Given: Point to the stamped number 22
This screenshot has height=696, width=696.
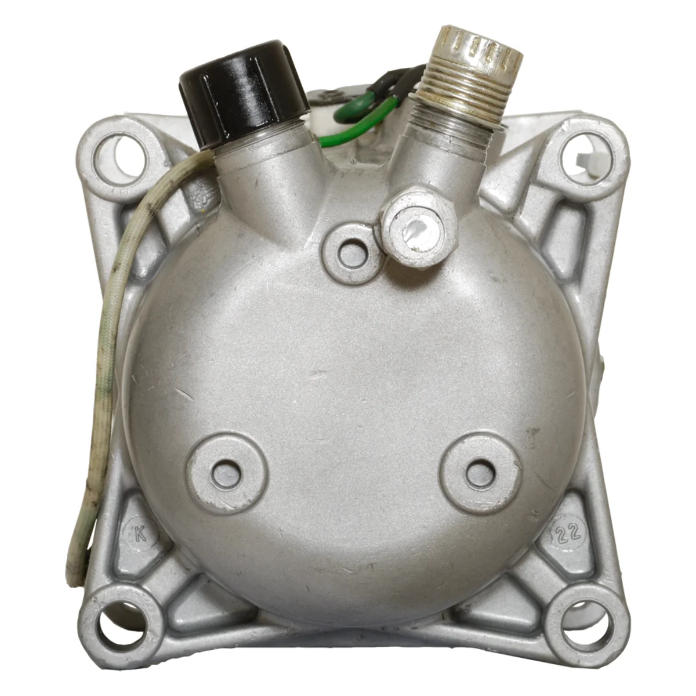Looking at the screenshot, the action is pyautogui.click(x=565, y=532).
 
